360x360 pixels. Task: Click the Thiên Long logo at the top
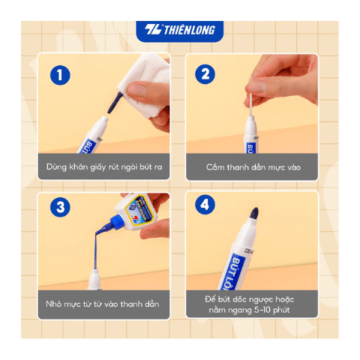coord(180,30)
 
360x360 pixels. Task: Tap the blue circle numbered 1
coord(60,75)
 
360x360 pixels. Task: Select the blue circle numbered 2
coord(205,74)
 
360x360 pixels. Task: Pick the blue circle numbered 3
coord(60,207)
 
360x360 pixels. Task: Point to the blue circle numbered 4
coord(205,205)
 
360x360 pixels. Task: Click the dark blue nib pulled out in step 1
coord(115,103)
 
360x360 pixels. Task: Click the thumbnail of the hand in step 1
coord(136,90)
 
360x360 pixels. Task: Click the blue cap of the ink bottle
coord(117,222)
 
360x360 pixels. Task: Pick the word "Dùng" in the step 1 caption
coord(56,166)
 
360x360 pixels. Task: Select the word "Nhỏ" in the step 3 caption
coord(53,304)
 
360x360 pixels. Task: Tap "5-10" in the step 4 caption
coord(262,310)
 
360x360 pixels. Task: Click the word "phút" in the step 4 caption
coord(281,310)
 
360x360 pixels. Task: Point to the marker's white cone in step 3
coord(94,279)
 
